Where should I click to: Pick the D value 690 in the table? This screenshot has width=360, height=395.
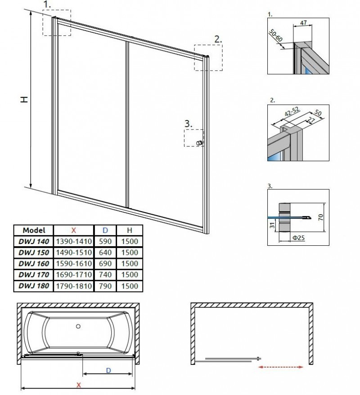click(x=105, y=263)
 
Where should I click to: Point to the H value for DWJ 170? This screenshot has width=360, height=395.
click(x=129, y=275)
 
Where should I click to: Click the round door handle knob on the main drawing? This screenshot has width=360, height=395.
click(x=198, y=143)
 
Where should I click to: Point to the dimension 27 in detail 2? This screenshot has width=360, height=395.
click(x=311, y=120)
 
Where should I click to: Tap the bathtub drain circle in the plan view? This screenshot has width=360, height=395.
click(x=77, y=326)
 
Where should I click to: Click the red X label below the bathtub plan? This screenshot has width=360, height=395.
click(x=78, y=385)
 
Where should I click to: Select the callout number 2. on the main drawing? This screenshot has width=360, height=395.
click(x=218, y=40)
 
